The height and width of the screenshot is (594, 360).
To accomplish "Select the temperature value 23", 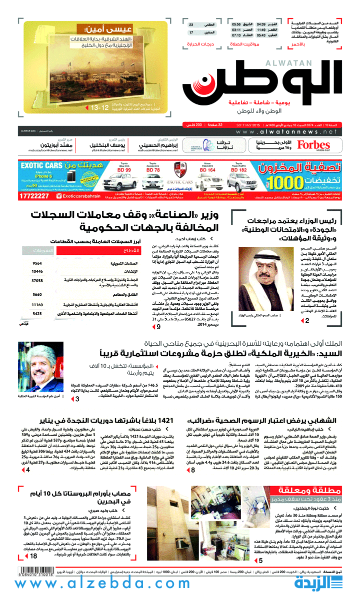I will (x=191, y=24).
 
